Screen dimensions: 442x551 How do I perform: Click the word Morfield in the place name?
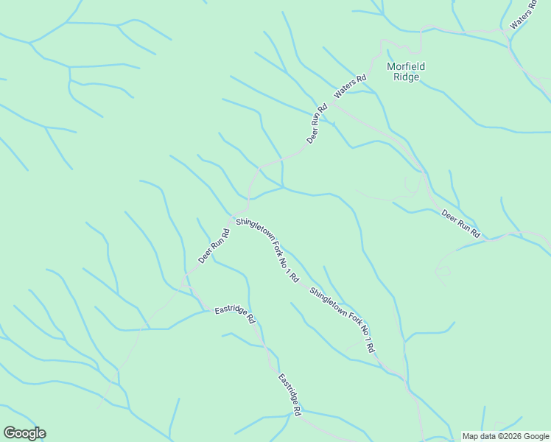[406, 66]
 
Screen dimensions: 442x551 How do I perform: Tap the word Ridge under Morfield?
[406, 77]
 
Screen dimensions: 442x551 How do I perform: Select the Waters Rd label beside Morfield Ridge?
[350, 87]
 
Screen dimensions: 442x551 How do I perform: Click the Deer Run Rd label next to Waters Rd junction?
[317, 124]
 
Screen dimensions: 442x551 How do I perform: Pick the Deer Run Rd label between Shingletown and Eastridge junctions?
[214, 246]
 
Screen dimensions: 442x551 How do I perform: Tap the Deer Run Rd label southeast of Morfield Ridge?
[460, 224]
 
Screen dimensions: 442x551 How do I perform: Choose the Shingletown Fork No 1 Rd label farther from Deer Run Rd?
[343, 318]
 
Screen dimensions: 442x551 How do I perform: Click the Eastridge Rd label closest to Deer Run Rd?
[234, 315]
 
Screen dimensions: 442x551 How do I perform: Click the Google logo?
[24, 433]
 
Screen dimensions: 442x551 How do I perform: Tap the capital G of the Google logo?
[9, 433]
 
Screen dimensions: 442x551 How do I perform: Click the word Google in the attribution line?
[536, 436]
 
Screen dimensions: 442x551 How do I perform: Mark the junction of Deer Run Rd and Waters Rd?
[328, 103]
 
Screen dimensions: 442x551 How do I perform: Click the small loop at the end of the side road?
[443, 271]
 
